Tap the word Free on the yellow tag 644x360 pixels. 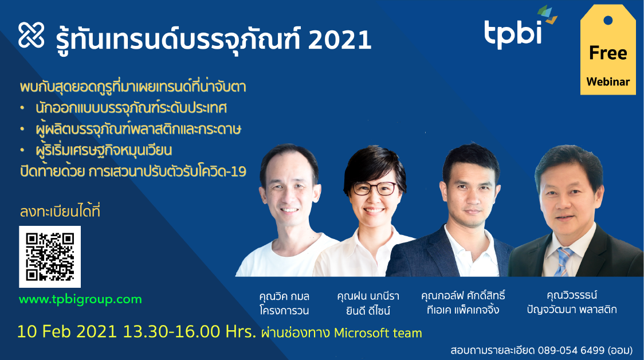[x=608, y=53]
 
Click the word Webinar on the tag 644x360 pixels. [x=608, y=82]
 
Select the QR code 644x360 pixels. [x=50, y=257]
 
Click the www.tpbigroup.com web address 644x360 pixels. [x=80, y=299]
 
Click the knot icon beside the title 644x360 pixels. [x=31, y=35]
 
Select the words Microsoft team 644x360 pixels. [x=378, y=332]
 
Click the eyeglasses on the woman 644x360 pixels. [x=375, y=188]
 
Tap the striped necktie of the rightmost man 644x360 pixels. [x=564, y=261]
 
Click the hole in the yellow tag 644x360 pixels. [x=608, y=20]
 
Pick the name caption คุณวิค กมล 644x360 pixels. [x=284, y=296]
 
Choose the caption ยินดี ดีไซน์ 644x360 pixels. [x=368, y=311]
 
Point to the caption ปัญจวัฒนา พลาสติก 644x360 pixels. [x=572, y=310]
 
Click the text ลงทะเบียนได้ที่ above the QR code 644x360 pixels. [x=60, y=211]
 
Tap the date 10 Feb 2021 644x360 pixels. [x=67, y=332]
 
